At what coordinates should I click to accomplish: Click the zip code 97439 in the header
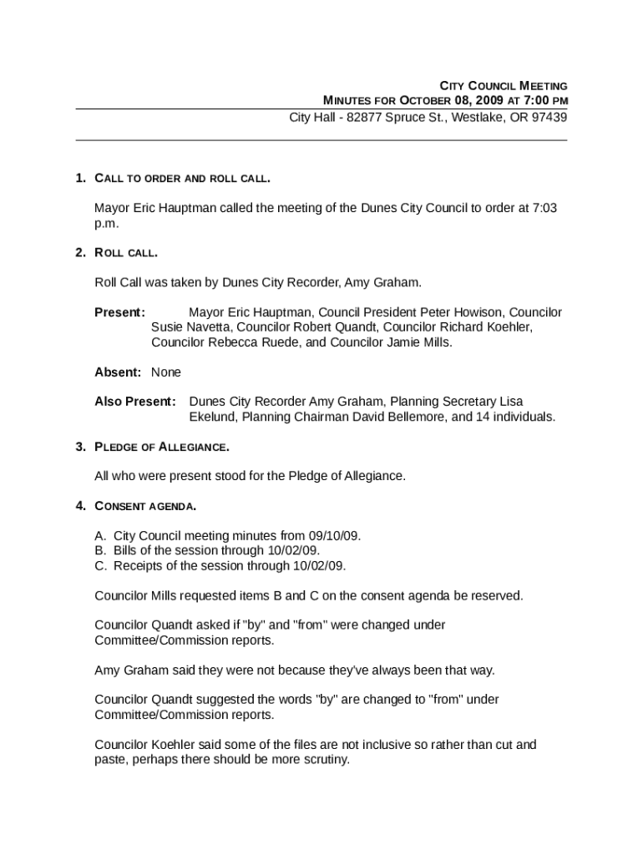[x=549, y=117]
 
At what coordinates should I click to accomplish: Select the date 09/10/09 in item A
[x=335, y=535]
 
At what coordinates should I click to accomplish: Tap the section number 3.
[x=80, y=447]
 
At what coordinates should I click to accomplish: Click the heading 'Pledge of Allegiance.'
[x=162, y=448]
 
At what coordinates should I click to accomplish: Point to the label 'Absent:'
[x=118, y=372]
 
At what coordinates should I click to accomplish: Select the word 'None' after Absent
[x=166, y=372]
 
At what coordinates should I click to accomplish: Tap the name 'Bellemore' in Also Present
[x=400, y=417]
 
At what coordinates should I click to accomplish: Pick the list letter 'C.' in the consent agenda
[x=100, y=565]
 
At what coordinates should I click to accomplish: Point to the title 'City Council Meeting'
[x=504, y=86]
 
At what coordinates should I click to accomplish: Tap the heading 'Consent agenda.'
[x=146, y=506]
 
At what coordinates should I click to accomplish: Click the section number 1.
[x=80, y=178]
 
